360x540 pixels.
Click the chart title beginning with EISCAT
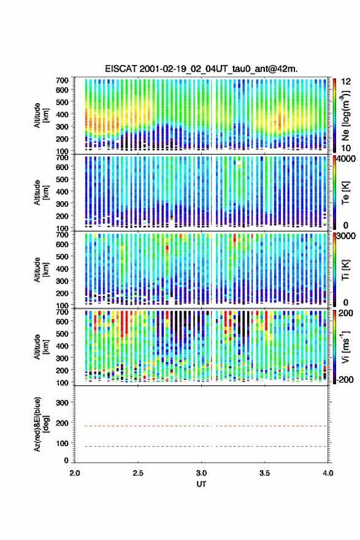click(x=201, y=69)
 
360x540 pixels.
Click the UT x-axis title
click(x=201, y=484)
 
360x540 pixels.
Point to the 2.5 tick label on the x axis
click(x=138, y=473)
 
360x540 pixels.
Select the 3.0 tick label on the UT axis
click(x=201, y=473)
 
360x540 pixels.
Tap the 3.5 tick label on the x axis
click(x=265, y=473)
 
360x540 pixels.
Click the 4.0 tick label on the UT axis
click(x=327, y=473)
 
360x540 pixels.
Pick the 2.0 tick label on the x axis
click(x=75, y=473)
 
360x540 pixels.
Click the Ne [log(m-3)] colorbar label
click(x=346, y=115)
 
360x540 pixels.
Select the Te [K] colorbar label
click(x=345, y=193)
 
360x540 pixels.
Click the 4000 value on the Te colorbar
click(x=347, y=159)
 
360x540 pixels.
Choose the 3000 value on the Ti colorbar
click(x=347, y=236)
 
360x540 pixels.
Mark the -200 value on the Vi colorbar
click(x=345, y=379)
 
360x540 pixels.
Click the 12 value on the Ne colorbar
click(x=347, y=82)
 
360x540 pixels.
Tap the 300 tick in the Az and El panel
click(x=63, y=403)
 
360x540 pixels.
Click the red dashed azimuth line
click(x=201, y=426)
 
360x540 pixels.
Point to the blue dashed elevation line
click(x=201, y=446)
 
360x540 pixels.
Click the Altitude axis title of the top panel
click(x=41, y=115)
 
